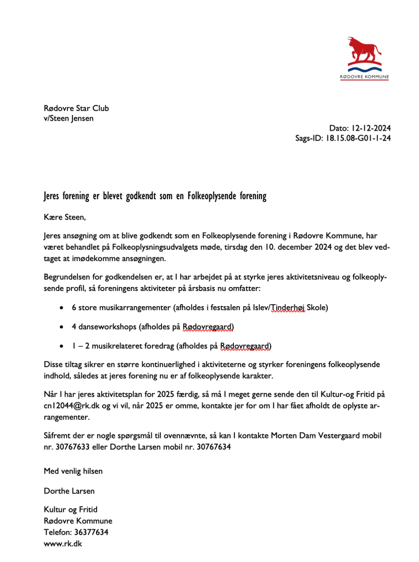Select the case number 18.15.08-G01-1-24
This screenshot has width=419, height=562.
358,138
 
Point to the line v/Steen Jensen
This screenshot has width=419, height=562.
69,118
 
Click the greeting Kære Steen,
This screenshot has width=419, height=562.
65,217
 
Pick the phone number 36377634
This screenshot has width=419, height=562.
91,532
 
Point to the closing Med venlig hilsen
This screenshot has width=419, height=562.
73,471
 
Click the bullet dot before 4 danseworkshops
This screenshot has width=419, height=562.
63,327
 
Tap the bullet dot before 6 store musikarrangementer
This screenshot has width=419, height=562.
63,308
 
